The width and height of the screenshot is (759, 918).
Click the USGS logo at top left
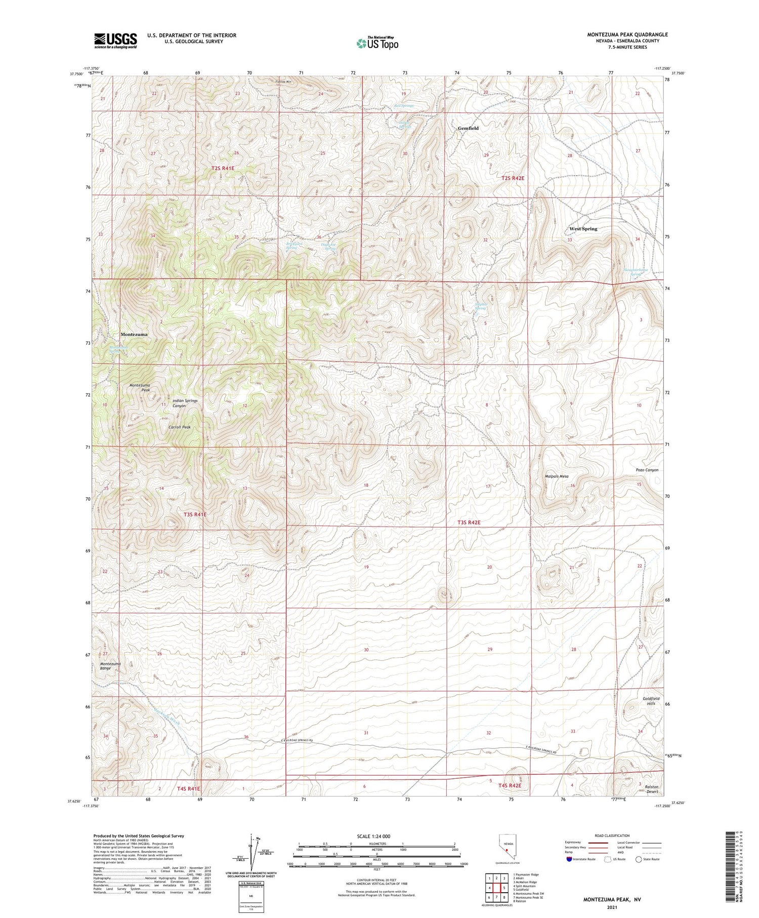(115, 40)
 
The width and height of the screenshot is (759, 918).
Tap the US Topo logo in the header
(377, 43)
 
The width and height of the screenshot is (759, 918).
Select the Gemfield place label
(468, 129)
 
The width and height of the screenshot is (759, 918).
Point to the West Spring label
(583, 229)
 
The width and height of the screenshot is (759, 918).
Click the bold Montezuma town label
(134, 335)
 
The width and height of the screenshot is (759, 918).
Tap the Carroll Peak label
(180, 427)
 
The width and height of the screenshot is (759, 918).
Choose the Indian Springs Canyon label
(185, 403)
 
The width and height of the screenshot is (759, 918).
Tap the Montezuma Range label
(110, 666)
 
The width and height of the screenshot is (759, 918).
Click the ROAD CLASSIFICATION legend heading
(612, 835)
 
